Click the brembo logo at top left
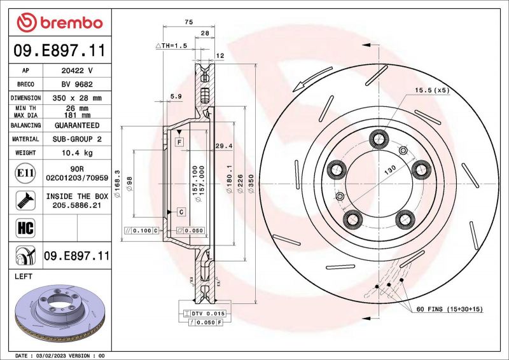pyautogui.click(x=60, y=22)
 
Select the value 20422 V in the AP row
pyautogui.click(x=78, y=70)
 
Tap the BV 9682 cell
pyautogui.click(x=78, y=84)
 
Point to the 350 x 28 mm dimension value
pyautogui.click(x=78, y=98)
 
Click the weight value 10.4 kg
pyautogui.click(x=78, y=153)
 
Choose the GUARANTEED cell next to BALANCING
pyautogui.click(x=78, y=125)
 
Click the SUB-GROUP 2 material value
pyautogui.click(x=78, y=139)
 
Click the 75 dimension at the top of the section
pyautogui.click(x=188, y=22)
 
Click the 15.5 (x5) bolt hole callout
pyautogui.click(x=432, y=90)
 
